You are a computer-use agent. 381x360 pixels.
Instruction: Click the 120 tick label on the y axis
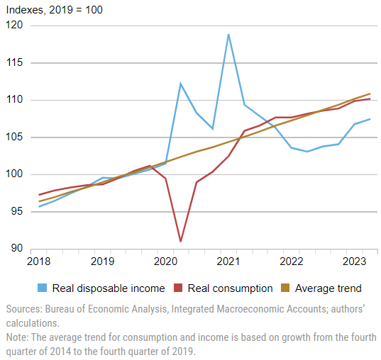(x=14, y=25)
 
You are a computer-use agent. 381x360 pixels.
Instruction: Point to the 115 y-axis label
(x=14, y=62)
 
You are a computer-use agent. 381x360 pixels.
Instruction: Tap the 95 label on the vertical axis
(x=17, y=211)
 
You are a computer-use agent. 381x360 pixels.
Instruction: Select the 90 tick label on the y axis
(x=17, y=248)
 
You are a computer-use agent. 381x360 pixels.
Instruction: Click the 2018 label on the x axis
(x=38, y=261)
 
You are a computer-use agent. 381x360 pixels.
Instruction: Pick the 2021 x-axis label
(x=228, y=261)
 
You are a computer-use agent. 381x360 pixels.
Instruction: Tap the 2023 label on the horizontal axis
(x=354, y=261)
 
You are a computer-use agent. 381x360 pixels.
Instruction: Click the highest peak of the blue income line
(x=228, y=35)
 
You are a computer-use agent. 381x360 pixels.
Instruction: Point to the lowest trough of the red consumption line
(x=180, y=241)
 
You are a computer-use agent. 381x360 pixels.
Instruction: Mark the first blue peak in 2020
(x=180, y=83)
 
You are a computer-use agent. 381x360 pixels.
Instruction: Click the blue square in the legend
(x=42, y=288)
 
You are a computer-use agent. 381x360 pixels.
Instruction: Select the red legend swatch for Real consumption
(x=178, y=288)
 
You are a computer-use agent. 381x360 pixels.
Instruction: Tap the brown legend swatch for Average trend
(x=285, y=288)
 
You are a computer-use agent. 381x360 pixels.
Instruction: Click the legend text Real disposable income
(x=109, y=288)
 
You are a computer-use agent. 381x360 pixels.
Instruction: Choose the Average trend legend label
(x=328, y=288)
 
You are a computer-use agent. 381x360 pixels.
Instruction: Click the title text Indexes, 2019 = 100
(x=55, y=10)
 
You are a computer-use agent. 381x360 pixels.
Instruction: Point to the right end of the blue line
(x=370, y=119)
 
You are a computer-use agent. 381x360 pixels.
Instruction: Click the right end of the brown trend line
(x=370, y=94)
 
